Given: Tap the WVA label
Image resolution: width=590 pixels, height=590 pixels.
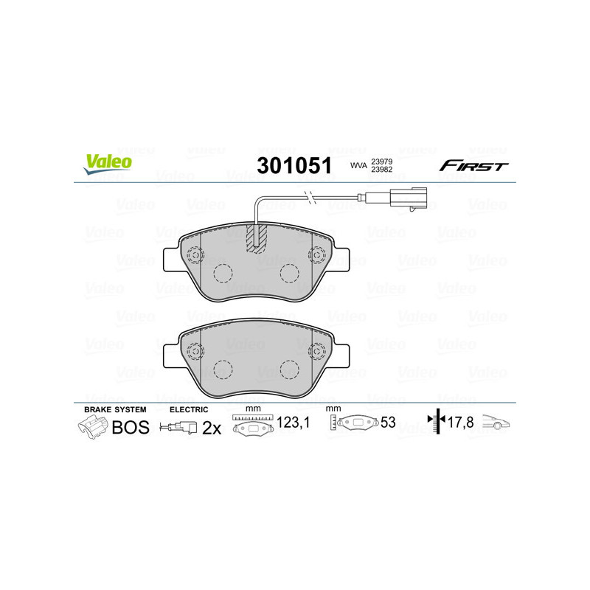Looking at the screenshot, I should pos(358,167).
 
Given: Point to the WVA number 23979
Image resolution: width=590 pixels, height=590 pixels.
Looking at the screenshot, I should pos(381,161).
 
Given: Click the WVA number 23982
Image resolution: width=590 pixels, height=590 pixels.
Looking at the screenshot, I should pos(381,170).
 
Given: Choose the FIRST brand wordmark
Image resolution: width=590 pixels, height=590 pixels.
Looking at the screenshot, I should pos(473,166).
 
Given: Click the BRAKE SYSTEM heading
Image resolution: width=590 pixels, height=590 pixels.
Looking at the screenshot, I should pos(115,409).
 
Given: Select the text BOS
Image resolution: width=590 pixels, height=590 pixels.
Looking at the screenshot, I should pos(131,427).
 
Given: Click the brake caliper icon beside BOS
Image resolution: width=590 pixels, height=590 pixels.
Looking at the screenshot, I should pos(92,427).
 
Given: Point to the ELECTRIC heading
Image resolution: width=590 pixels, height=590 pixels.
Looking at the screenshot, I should pos(189,409).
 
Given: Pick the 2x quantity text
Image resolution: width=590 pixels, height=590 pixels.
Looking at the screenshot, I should pos(212,427).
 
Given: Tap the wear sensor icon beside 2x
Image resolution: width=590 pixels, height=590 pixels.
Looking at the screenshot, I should pos(178,427).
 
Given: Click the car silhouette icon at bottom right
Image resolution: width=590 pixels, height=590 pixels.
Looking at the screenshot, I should pos(496,423).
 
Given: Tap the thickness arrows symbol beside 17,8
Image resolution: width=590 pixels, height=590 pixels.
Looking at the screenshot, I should pos(435,423).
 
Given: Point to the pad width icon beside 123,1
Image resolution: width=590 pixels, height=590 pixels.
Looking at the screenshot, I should pos(253,426).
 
